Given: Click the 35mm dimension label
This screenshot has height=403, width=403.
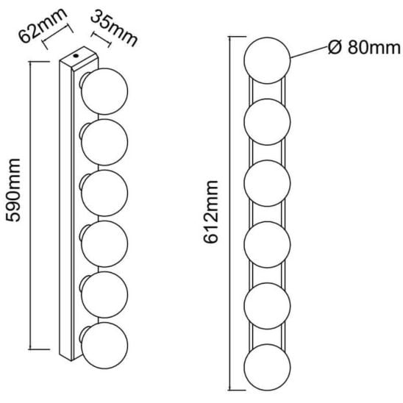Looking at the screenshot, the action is tap(114, 28).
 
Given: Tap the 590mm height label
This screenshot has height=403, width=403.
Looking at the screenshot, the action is tap(13, 190).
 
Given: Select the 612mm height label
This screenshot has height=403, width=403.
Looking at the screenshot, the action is tap(211, 212).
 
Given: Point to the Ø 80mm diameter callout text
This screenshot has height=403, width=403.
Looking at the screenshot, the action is tap(365, 48).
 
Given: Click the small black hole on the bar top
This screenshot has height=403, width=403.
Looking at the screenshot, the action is tap(76, 55).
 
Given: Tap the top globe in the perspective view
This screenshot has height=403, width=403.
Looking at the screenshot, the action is tap(104, 91).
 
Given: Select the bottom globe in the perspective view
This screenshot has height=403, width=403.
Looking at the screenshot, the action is tap(104, 346).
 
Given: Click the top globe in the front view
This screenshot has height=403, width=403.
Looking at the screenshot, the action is tap(267, 60).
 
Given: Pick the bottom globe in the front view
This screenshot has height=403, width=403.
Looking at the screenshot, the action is tap(267, 368).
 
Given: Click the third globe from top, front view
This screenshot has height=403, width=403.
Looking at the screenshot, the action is tap(267, 183).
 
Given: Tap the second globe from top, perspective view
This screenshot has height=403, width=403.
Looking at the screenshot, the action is tap(104, 142).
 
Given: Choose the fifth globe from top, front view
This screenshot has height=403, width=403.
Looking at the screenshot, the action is tap(267, 306).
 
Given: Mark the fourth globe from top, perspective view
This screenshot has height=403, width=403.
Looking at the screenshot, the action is tap(104, 243).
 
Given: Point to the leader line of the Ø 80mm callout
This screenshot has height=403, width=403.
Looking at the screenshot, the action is tap(310, 52).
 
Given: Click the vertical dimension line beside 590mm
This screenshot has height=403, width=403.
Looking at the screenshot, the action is tap(31, 206).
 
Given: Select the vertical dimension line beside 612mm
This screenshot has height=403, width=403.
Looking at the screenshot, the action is tap(230, 213).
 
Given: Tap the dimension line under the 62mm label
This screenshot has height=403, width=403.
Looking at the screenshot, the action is tap(58, 37).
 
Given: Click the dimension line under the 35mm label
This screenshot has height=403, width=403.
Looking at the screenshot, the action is tap(101, 40).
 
